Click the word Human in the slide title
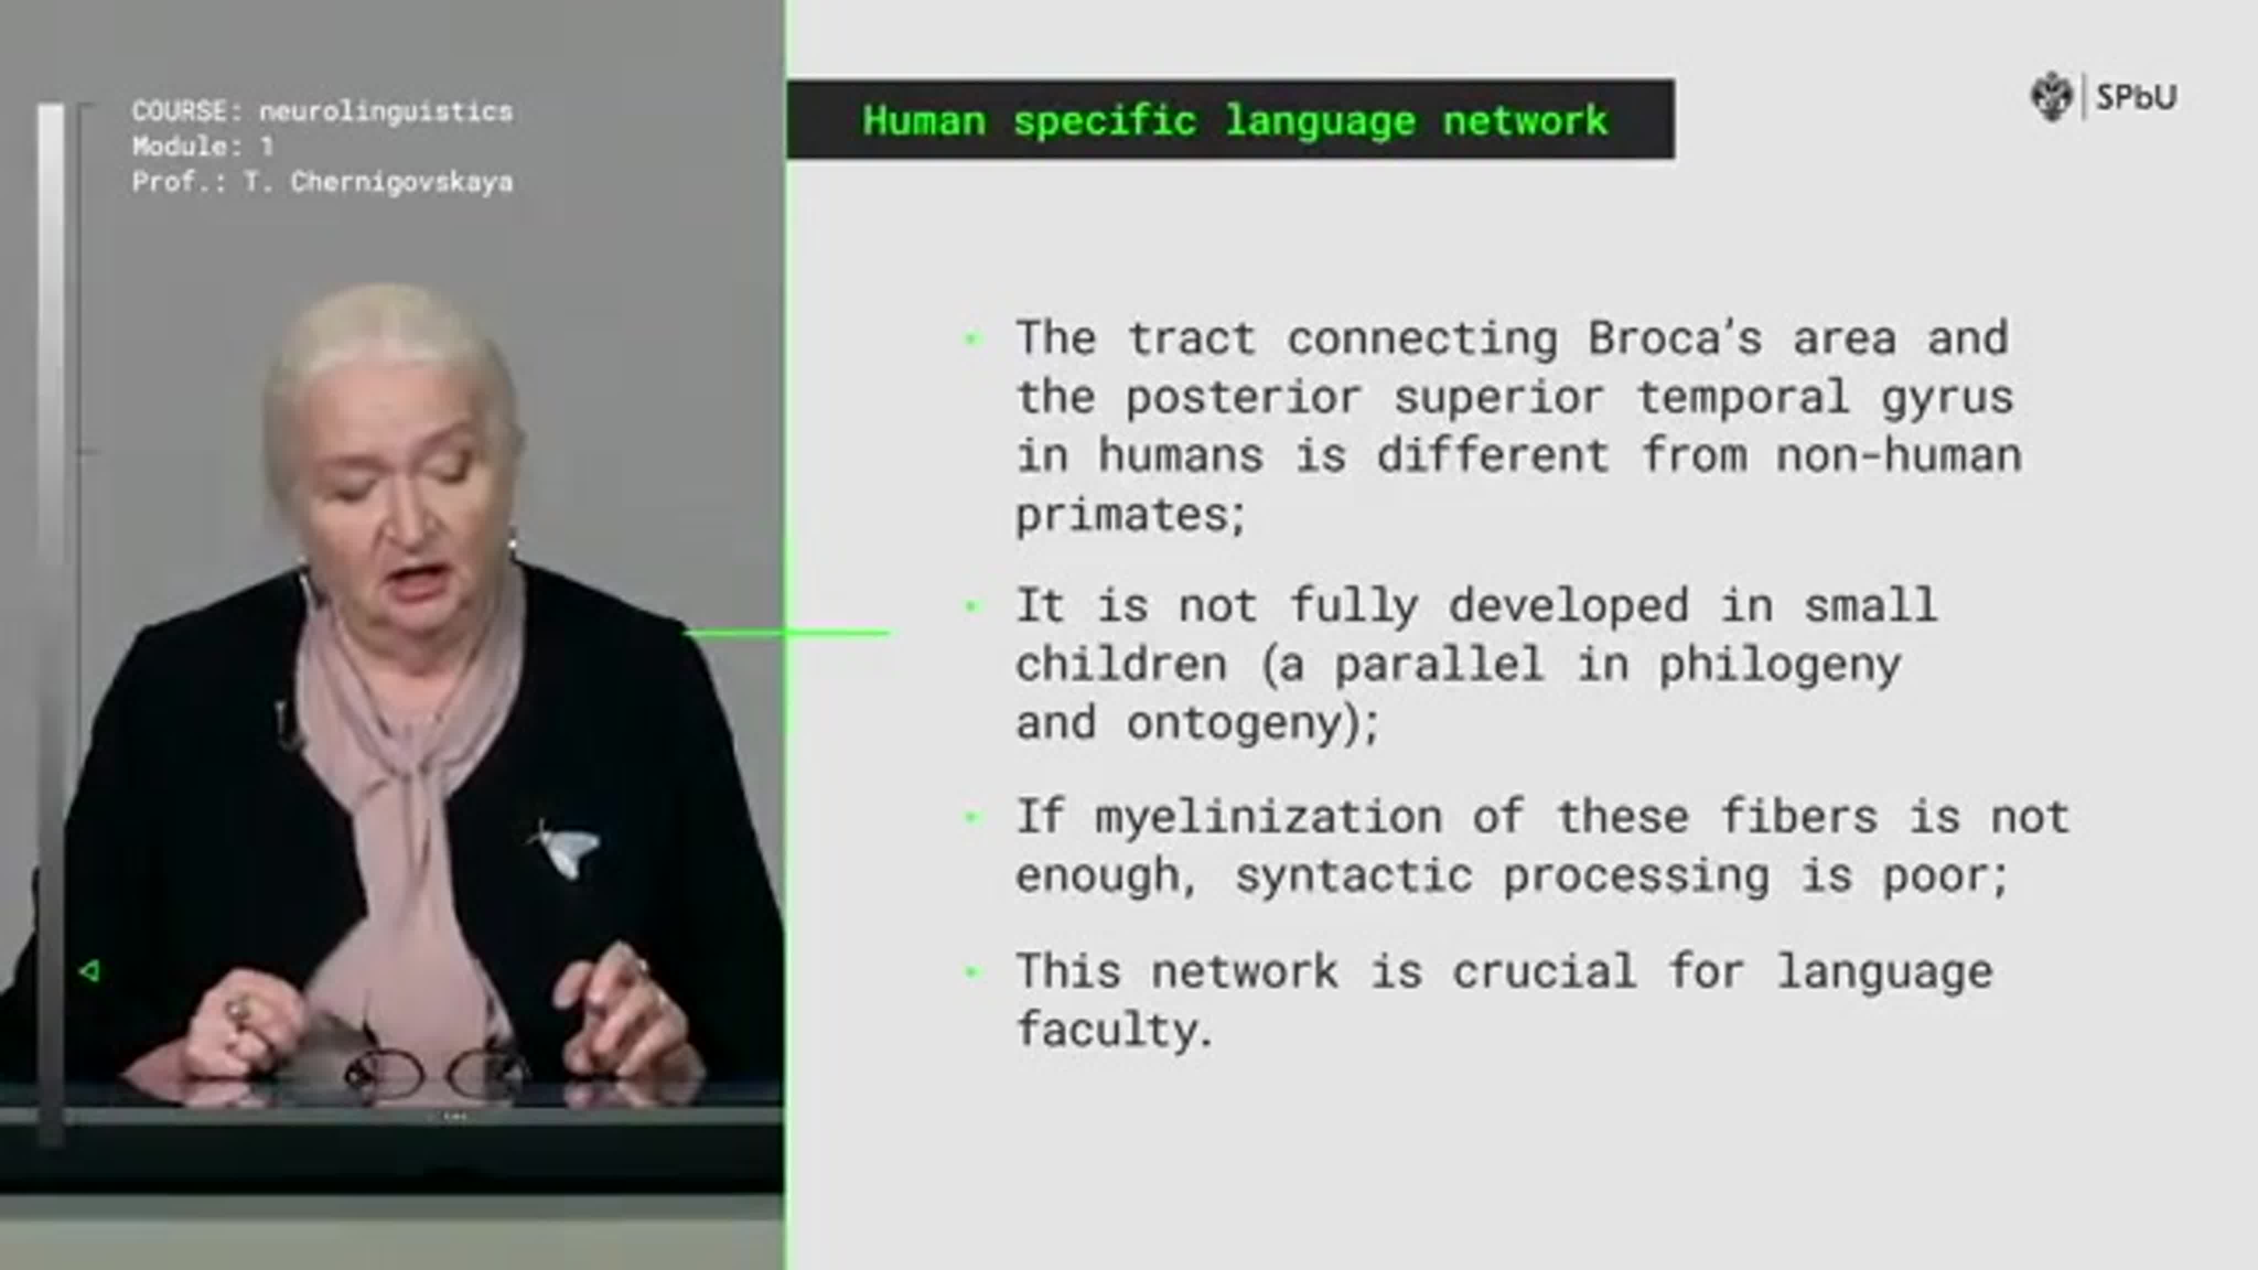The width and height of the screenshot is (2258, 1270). coord(924,121)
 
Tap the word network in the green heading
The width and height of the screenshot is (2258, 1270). coord(1526,121)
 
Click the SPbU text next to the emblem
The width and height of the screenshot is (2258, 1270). coord(2136,96)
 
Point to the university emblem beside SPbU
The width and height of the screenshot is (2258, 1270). coord(2051,96)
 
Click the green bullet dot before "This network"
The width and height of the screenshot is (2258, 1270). coord(971,971)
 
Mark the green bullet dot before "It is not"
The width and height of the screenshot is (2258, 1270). coord(971,606)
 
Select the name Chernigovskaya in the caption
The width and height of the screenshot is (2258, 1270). coord(401,182)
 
